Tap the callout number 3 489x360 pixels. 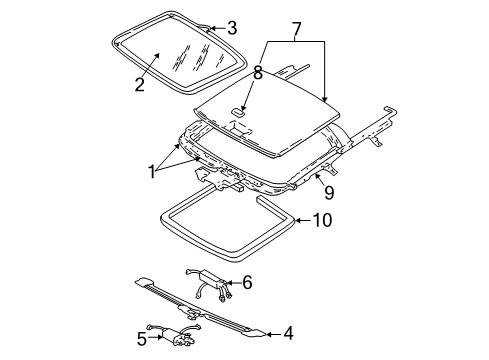(x=232, y=28)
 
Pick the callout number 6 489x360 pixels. (x=247, y=283)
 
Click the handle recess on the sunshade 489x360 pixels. (x=238, y=113)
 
